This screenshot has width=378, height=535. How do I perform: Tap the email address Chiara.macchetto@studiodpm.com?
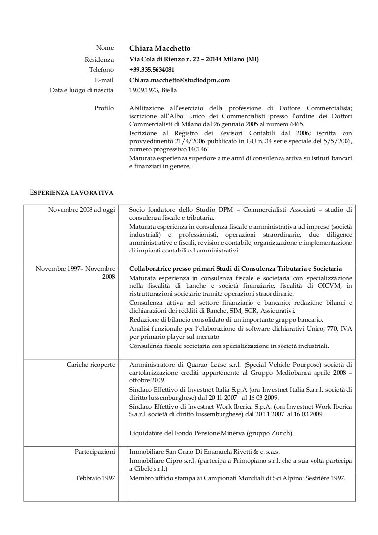coord(180,80)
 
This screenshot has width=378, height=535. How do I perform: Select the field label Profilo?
coord(104,108)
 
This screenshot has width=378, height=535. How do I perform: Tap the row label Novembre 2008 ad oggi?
coord(82,210)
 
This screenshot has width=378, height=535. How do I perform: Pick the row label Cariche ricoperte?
coord(91,365)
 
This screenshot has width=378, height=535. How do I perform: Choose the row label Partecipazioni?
coord(95,451)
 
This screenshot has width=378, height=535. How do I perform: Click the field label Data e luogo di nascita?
coord(82,91)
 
